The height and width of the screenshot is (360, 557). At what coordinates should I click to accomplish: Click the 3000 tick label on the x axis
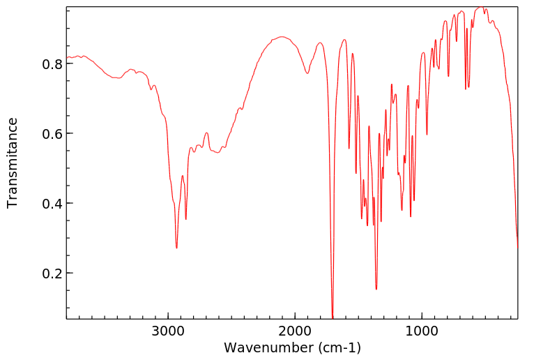168,331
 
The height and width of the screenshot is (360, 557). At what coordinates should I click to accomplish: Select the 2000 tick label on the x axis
295,331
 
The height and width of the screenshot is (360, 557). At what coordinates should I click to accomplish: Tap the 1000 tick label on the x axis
421,331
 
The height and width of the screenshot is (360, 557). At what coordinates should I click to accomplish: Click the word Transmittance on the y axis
13,163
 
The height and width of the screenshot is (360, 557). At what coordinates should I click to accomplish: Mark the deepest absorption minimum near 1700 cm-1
333,317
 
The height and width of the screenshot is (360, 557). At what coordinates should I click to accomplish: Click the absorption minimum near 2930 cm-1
176,248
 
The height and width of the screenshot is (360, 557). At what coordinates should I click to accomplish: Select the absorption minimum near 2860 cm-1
185,219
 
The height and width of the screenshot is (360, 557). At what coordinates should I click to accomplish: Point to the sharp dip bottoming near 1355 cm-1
376,289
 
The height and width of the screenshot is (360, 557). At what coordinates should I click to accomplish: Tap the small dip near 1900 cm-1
307,73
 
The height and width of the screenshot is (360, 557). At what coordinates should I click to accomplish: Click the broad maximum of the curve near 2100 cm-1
281,36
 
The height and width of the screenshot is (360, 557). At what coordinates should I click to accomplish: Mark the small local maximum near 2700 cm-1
206,133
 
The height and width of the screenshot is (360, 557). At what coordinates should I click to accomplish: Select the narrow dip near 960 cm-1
427,135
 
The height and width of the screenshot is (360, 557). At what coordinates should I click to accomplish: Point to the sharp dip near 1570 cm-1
349,149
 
